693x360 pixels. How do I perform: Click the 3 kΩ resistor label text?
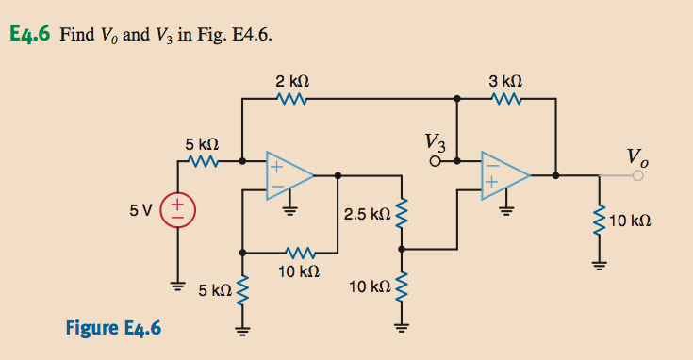pyautogui.click(x=506, y=81)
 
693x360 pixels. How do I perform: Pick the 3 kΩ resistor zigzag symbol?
pyautogui.click(x=506, y=98)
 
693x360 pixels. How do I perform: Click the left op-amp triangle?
pyautogui.click(x=289, y=174)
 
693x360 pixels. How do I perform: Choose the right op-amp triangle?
pyautogui.click(x=503, y=174)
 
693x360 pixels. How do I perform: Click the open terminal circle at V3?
pyautogui.click(x=436, y=161)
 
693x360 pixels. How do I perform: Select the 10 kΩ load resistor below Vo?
pyautogui.click(x=597, y=222)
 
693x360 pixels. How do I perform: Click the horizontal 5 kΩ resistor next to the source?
pyautogui.click(x=203, y=161)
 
